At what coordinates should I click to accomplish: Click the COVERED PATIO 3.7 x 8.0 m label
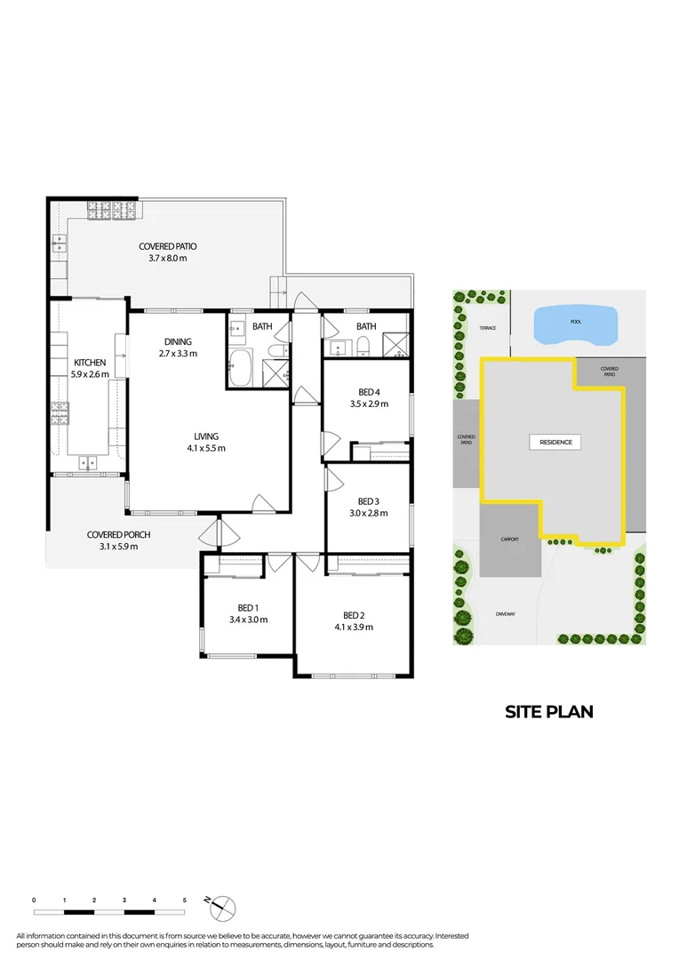(x=167, y=252)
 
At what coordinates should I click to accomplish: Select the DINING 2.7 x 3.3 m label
(x=178, y=348)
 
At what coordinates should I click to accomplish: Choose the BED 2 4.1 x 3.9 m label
(x=353, y=621)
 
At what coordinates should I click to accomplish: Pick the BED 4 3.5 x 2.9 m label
(x=367, y=398)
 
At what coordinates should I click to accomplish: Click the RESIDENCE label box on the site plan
(x=556, y=442)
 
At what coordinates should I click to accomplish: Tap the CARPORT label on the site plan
(x=508, y=540)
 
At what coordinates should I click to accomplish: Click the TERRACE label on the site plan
(x=488, y=328)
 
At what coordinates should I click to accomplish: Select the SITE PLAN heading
(x=548, y=711)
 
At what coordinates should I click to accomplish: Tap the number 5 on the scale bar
(x=185, y=901)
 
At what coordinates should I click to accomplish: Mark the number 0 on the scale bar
(x=34, y=901)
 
